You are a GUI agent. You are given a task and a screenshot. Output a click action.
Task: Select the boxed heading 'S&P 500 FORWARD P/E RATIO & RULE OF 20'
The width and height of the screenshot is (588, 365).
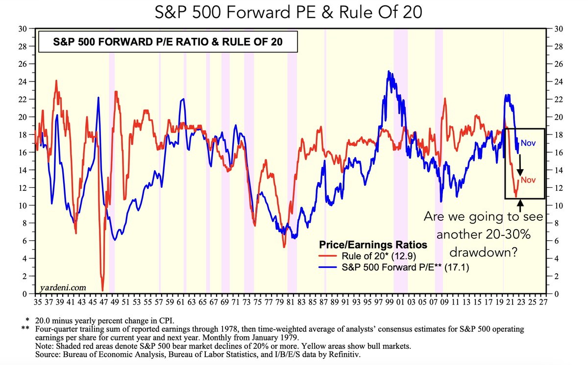168,43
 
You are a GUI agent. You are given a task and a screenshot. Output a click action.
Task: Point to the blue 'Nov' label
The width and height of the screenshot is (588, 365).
528,143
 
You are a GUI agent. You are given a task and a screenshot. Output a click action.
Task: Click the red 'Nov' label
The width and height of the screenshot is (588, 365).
528,180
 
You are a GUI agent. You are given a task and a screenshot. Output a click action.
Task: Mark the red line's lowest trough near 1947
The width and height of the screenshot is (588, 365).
102,290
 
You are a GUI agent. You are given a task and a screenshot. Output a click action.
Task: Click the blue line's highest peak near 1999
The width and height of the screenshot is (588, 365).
389,71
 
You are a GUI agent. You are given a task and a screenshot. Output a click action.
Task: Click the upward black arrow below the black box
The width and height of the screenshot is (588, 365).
520,205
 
